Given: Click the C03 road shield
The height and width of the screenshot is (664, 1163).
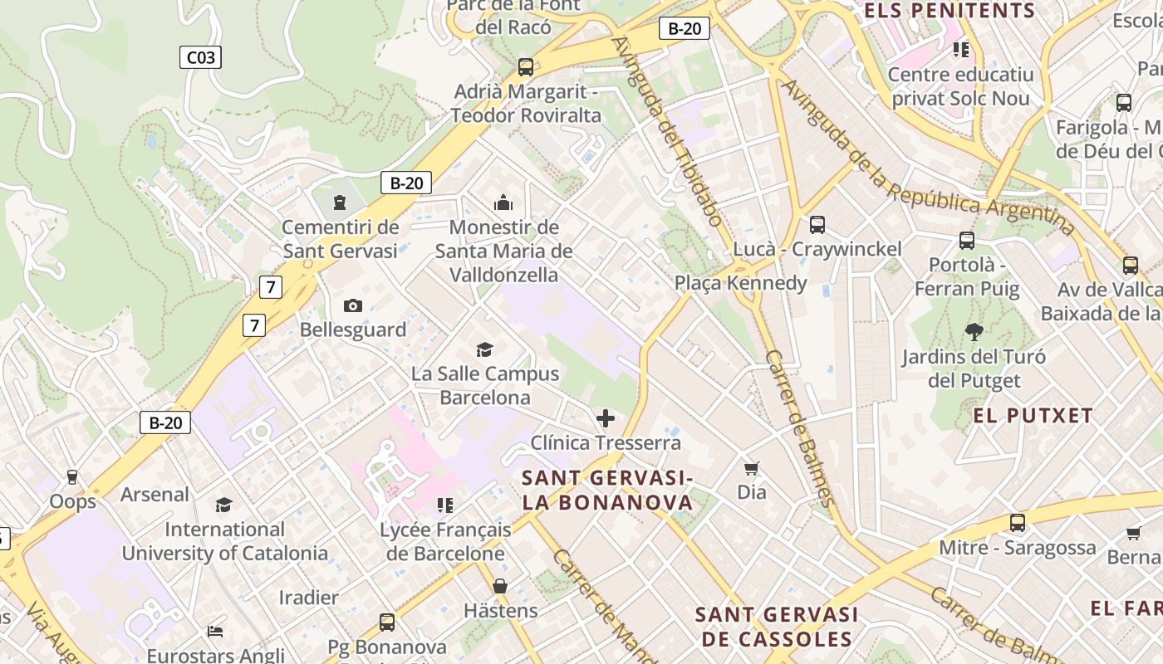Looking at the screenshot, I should (200, 57).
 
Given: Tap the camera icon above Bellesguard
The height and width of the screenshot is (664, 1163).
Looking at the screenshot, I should (353, 305).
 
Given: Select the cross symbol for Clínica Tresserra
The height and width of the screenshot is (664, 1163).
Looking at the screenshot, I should (606, 418).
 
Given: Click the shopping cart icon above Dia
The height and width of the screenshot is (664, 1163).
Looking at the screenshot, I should (752, 468).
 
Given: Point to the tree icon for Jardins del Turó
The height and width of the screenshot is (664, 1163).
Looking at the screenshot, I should (974, 332).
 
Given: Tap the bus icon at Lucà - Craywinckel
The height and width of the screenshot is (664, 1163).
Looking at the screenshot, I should (817, 224).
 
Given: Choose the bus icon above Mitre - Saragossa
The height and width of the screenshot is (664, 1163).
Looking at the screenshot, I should (1018, 523).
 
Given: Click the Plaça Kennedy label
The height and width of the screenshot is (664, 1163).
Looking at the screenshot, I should (740, 283).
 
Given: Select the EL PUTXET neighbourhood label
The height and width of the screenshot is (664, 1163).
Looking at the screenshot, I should (1033, 416).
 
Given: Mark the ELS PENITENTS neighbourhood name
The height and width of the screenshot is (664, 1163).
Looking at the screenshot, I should (950, 11).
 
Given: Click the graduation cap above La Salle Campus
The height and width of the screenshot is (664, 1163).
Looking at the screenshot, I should (484, 350).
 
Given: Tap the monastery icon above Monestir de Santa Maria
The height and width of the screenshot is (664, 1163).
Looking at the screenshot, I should (503, 203).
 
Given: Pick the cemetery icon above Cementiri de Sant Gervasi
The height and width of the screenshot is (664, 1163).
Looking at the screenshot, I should (339, 202).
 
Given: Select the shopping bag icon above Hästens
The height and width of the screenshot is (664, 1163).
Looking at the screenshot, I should (500, 586).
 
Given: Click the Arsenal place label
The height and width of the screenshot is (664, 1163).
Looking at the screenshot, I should (155, 495).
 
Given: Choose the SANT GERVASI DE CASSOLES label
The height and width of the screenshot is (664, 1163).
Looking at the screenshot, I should (777, 627).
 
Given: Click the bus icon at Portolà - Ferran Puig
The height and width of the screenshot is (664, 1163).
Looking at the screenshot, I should (967, 241).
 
